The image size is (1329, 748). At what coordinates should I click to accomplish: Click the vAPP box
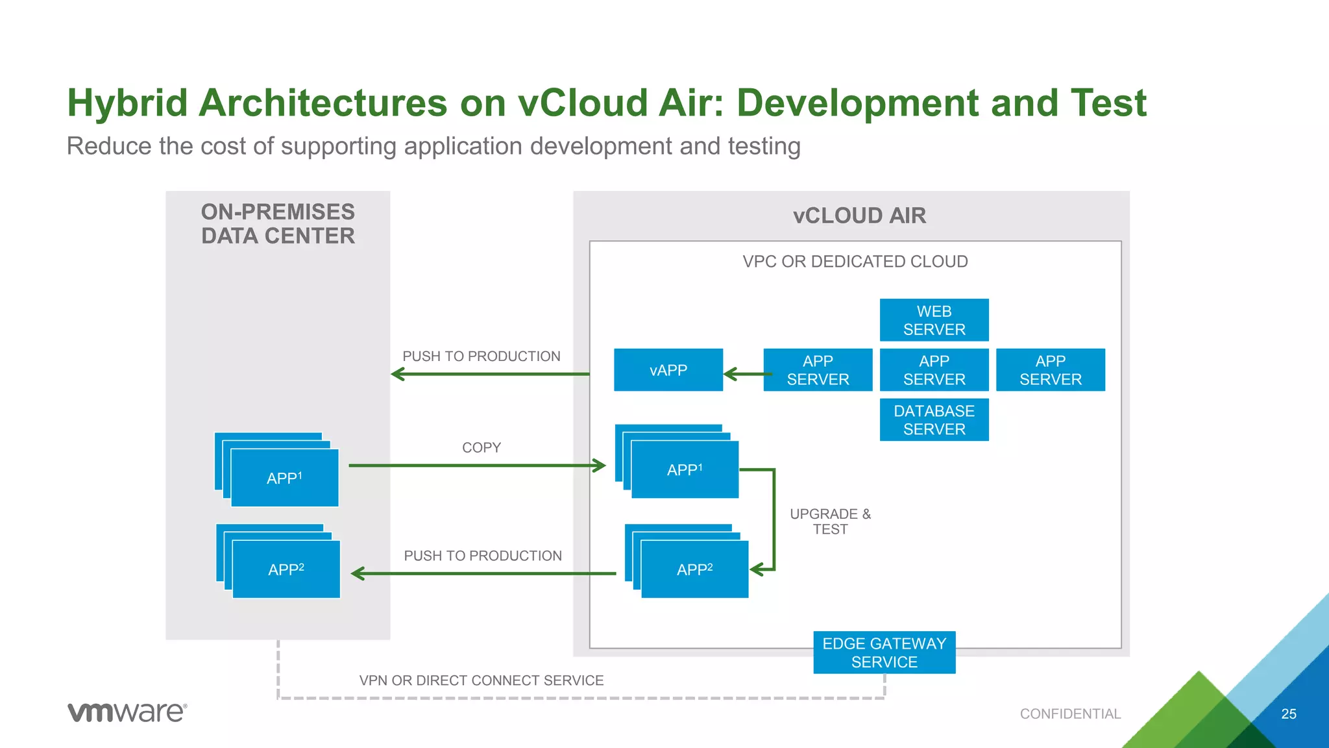668,370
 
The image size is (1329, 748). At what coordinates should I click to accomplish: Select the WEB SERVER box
934,320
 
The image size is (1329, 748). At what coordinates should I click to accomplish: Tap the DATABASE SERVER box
934,420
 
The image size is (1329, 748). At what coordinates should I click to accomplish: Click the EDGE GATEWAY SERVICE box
884,653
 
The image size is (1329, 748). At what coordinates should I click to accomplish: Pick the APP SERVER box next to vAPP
818,370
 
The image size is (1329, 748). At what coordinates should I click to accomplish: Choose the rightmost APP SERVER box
1050,370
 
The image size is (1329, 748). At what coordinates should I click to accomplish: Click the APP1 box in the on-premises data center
284,478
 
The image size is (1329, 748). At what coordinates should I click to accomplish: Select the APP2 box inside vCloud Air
694,569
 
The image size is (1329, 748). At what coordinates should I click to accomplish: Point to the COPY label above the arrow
481,447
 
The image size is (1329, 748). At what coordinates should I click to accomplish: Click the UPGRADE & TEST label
830,521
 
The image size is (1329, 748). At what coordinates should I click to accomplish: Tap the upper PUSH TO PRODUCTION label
481,356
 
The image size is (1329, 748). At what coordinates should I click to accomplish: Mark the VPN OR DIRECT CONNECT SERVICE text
481,680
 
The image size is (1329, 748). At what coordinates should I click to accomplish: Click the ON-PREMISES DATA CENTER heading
278,224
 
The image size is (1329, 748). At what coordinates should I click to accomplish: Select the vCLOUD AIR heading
859,216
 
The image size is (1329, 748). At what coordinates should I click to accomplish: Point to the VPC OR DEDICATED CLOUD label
855,262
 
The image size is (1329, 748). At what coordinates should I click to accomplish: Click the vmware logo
127,712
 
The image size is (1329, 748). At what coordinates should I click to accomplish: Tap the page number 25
1288,714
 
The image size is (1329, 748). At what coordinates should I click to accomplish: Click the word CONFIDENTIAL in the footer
1070,714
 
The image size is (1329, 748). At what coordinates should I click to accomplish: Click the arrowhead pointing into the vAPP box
730,374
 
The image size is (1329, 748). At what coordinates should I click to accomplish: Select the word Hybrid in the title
127,104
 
